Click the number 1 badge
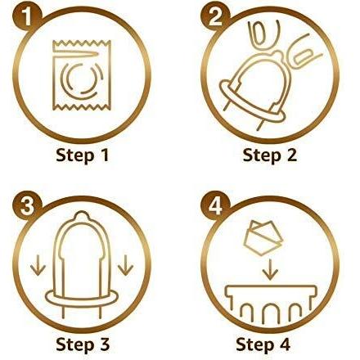pyautogui.click(x=27, y=17)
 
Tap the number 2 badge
pyautogui.click(x=216, y=17)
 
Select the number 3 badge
pyautogui.click(x=27, y=206)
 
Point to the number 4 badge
pyautogui.click(x=216, y=206)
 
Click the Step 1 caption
pyautogui.click(x=83, y=155)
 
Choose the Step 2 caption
pyautogui.click(x=269, y=155)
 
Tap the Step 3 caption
pyautogui.click(x=83, y=344)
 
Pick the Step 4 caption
pyautogui.click(x=263, y=344)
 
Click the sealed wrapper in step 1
pyautogui.click(x=82, y=75)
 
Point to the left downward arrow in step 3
pyautogui.click(x=38, y=265)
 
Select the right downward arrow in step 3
pyautogui.click(x=125, y=265)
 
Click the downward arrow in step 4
pyautogui.click(x=270, y=269)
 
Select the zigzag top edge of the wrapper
pyautogui.click(x=82, y=43)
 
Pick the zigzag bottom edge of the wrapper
pyautogui.click(x=82, y=108)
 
